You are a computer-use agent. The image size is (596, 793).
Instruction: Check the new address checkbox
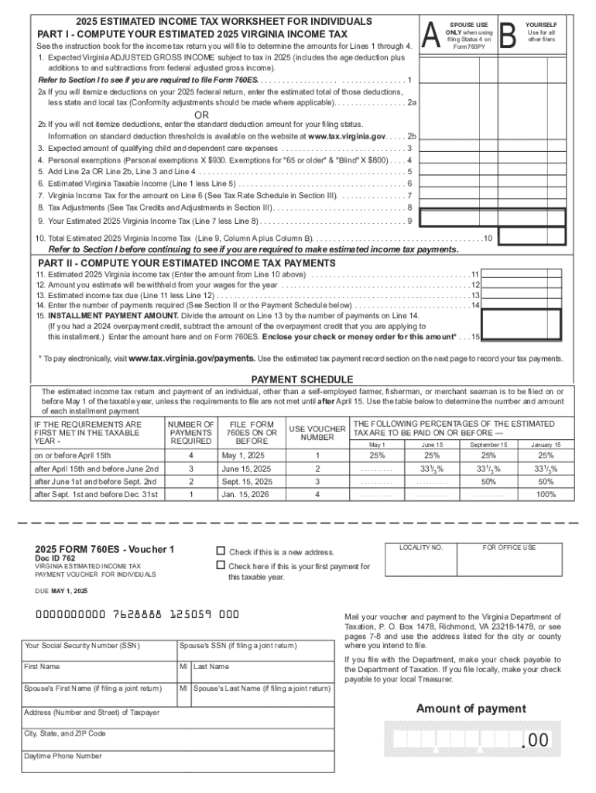click(220, 551)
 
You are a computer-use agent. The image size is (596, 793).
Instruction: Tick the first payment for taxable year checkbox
click(220, 566)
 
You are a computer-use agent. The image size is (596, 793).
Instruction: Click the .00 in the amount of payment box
click(535, 741)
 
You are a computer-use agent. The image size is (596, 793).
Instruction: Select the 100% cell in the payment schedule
click(546, 494)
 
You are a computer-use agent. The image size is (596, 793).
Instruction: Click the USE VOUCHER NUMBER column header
click(317, 433)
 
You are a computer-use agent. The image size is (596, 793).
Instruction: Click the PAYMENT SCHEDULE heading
click(303, 379)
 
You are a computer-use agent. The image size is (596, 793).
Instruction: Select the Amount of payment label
click(471, 709)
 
